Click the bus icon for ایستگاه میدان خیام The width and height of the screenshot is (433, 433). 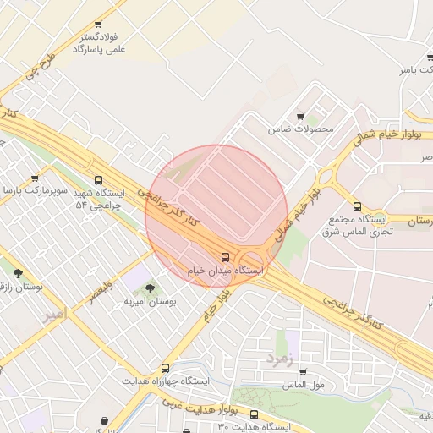(x=225, y=257)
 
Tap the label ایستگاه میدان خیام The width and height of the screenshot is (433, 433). (x=225, y=271)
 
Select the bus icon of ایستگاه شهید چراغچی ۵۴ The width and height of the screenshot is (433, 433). (x=100, y=180)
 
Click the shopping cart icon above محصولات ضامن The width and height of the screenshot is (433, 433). (x=300, y=117)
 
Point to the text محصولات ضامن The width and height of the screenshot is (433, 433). (x=302, y=129)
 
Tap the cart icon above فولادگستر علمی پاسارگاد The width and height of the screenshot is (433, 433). (x=98, y=25)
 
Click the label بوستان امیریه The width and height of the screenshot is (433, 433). (x=149, y=301)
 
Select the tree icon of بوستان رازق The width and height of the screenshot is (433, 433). (x=19, y=273)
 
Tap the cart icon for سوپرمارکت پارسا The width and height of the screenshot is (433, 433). (x=35, y=178)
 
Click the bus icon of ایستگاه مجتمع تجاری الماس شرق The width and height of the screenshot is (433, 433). (x=357, y=206)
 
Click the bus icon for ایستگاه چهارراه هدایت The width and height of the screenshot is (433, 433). (x=165, y=368)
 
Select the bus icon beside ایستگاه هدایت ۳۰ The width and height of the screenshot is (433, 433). (x=255, y=414)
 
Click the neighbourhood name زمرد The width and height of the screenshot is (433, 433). (x=278, y=356)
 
